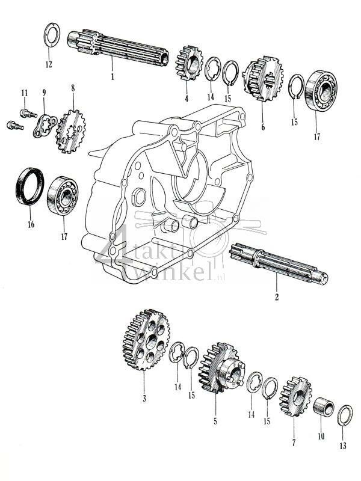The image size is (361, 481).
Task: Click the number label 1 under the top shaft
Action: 111,76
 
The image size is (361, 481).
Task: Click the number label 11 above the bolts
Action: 25,93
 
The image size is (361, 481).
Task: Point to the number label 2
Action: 276,296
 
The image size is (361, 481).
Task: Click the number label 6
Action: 262,127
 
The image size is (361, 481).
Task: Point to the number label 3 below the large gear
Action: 144,397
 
